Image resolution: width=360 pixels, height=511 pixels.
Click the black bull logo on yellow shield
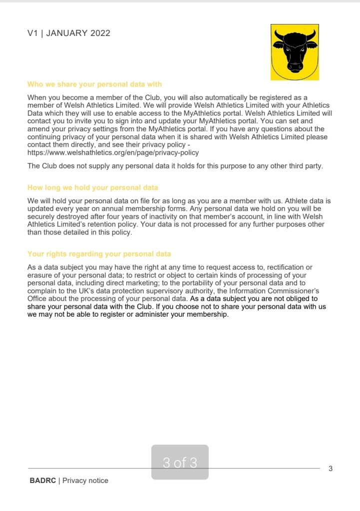point(295,52)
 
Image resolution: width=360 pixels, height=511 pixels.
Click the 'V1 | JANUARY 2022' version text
point(69,33)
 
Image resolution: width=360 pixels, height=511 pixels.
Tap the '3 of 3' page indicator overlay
point(180,463)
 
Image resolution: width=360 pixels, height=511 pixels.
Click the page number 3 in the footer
point(330,469)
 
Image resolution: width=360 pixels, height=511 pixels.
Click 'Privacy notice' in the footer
point(85,481)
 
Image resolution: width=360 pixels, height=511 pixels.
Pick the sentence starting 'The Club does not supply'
point(175,166)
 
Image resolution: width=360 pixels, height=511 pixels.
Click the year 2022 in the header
point(100,33)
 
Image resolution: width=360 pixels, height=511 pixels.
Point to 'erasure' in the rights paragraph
point(40,275)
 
